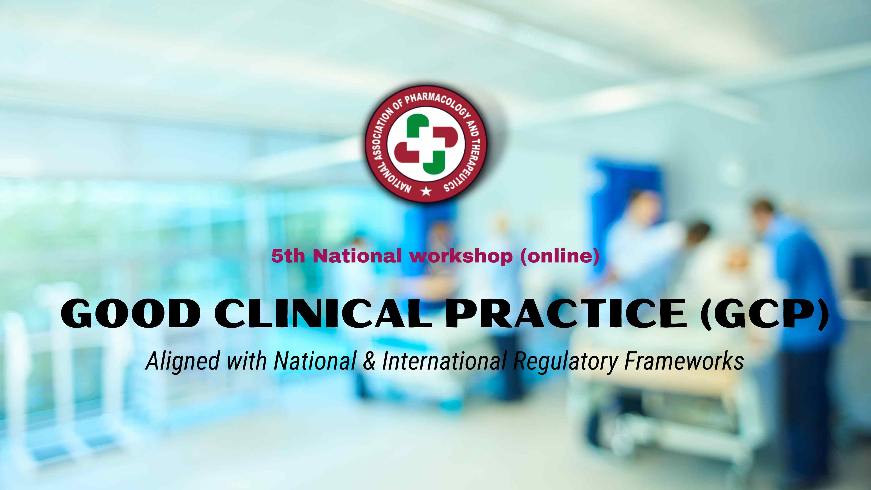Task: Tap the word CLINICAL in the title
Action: click(323, 313)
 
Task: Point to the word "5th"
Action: click(288, 256)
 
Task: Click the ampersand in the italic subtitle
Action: click(369, 360)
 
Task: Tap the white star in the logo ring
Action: click(426, 191)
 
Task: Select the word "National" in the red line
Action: click(357, 256)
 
